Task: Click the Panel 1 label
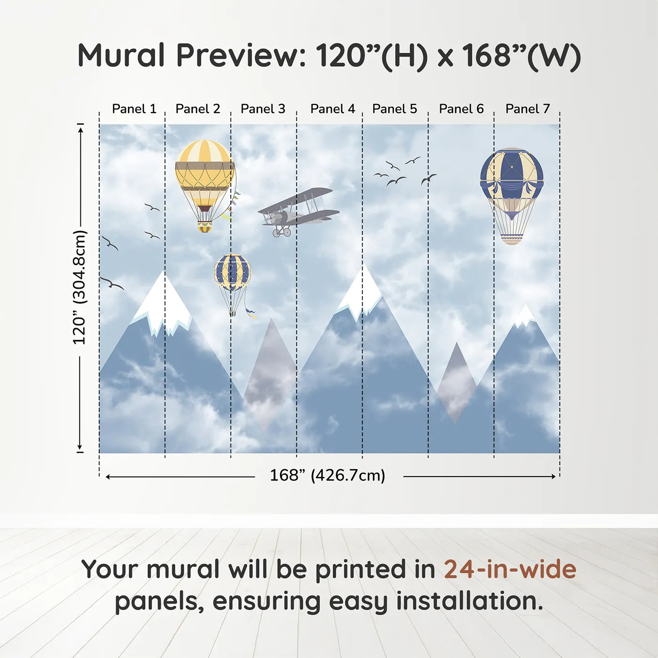134,109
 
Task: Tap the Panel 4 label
333,109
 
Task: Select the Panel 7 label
527,109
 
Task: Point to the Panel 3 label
263,109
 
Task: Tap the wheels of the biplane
282,232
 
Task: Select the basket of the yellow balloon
204,227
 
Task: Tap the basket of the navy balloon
511,239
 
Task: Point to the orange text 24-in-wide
510,569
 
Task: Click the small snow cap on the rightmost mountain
525,315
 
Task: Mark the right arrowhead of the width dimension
554,477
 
